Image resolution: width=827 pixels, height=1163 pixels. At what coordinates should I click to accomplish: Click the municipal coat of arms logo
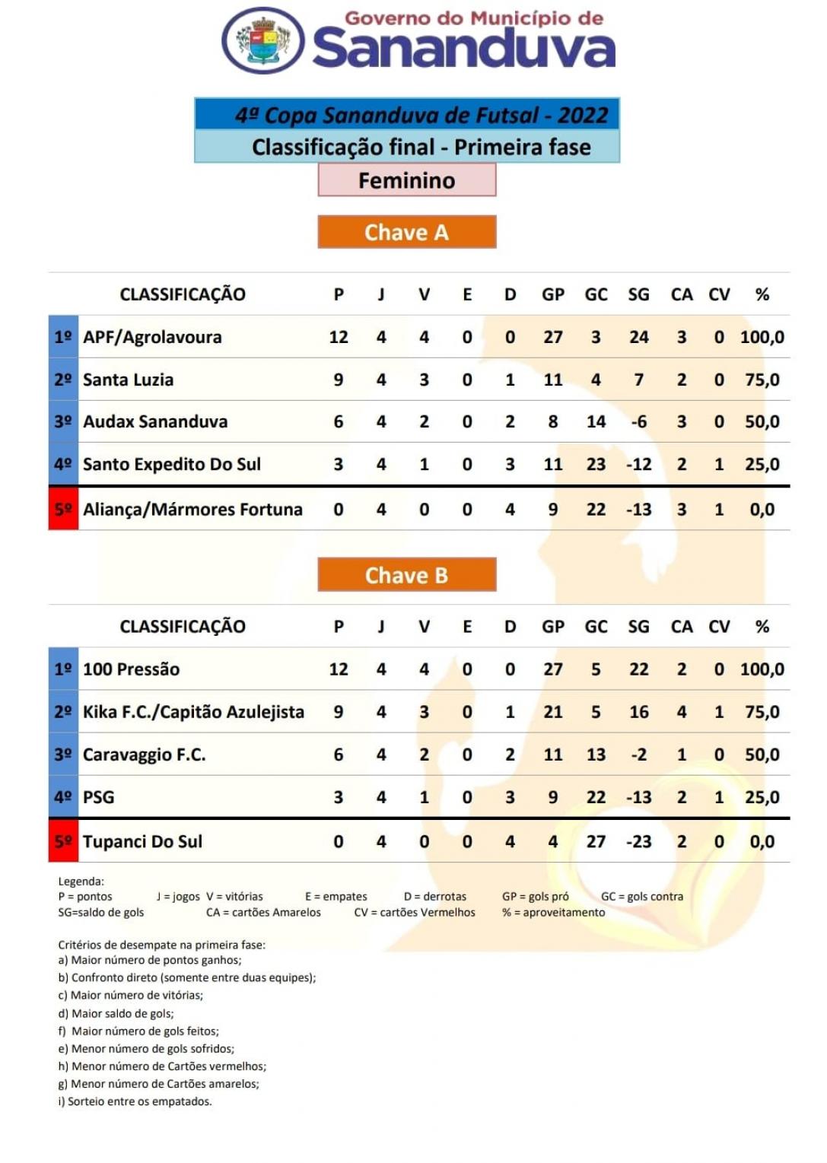click(263, 40)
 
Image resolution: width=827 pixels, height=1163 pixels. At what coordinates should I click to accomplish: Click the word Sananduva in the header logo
click(463, 49)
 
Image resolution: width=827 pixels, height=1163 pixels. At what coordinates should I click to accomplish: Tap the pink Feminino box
click(407, 180)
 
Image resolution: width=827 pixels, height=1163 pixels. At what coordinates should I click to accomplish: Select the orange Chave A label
click(407, 232)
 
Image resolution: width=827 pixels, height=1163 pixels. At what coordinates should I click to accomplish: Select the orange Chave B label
click(407, 575)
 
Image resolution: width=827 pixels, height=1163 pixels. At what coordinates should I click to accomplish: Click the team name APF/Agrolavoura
click(152, 337)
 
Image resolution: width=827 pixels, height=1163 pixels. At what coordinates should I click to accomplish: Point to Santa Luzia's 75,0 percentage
click(762, 380)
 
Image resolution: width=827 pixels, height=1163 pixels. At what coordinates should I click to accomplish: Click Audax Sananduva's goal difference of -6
click(638, 421)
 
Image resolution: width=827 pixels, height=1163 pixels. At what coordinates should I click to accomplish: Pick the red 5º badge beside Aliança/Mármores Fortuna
click(63, 509)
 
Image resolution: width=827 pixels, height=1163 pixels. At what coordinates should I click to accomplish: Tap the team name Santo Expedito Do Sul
click(171, 464)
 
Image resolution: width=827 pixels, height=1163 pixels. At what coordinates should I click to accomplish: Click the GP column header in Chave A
click(553, 294)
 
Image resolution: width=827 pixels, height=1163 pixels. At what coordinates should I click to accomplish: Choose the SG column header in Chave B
click(638, 627)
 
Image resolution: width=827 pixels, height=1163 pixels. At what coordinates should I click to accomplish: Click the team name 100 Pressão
click(131, 669)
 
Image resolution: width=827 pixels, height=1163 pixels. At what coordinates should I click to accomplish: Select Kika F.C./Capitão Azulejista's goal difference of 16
click(638, 712)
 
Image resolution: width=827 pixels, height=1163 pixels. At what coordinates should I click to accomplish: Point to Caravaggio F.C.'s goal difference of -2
click(638, 755)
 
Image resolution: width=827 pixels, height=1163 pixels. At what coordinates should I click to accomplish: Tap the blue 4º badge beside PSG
click(63, 797)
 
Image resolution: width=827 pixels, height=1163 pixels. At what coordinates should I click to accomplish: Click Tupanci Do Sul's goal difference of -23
click(638, 841)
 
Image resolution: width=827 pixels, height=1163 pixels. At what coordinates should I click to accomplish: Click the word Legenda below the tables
click(81, 882)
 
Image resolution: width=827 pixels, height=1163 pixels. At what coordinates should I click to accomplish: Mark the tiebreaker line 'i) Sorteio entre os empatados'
click(135, 1101)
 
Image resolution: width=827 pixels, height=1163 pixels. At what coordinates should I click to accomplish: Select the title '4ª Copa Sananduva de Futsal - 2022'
click(421, 115)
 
